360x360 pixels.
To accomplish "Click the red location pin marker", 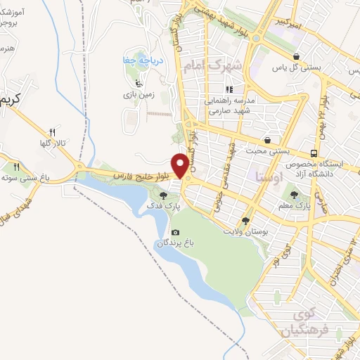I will (182, 165).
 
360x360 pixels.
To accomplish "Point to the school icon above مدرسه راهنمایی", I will (229, 89).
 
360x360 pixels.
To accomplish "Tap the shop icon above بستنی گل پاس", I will (297, 56).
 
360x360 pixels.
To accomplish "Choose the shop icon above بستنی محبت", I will (267, 139).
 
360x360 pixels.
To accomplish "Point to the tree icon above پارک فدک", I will (164, 196).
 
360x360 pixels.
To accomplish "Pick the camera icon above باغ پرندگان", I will (175, 233).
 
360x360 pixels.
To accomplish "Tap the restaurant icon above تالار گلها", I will (52, 131).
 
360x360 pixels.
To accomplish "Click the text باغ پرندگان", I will (174, 243).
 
